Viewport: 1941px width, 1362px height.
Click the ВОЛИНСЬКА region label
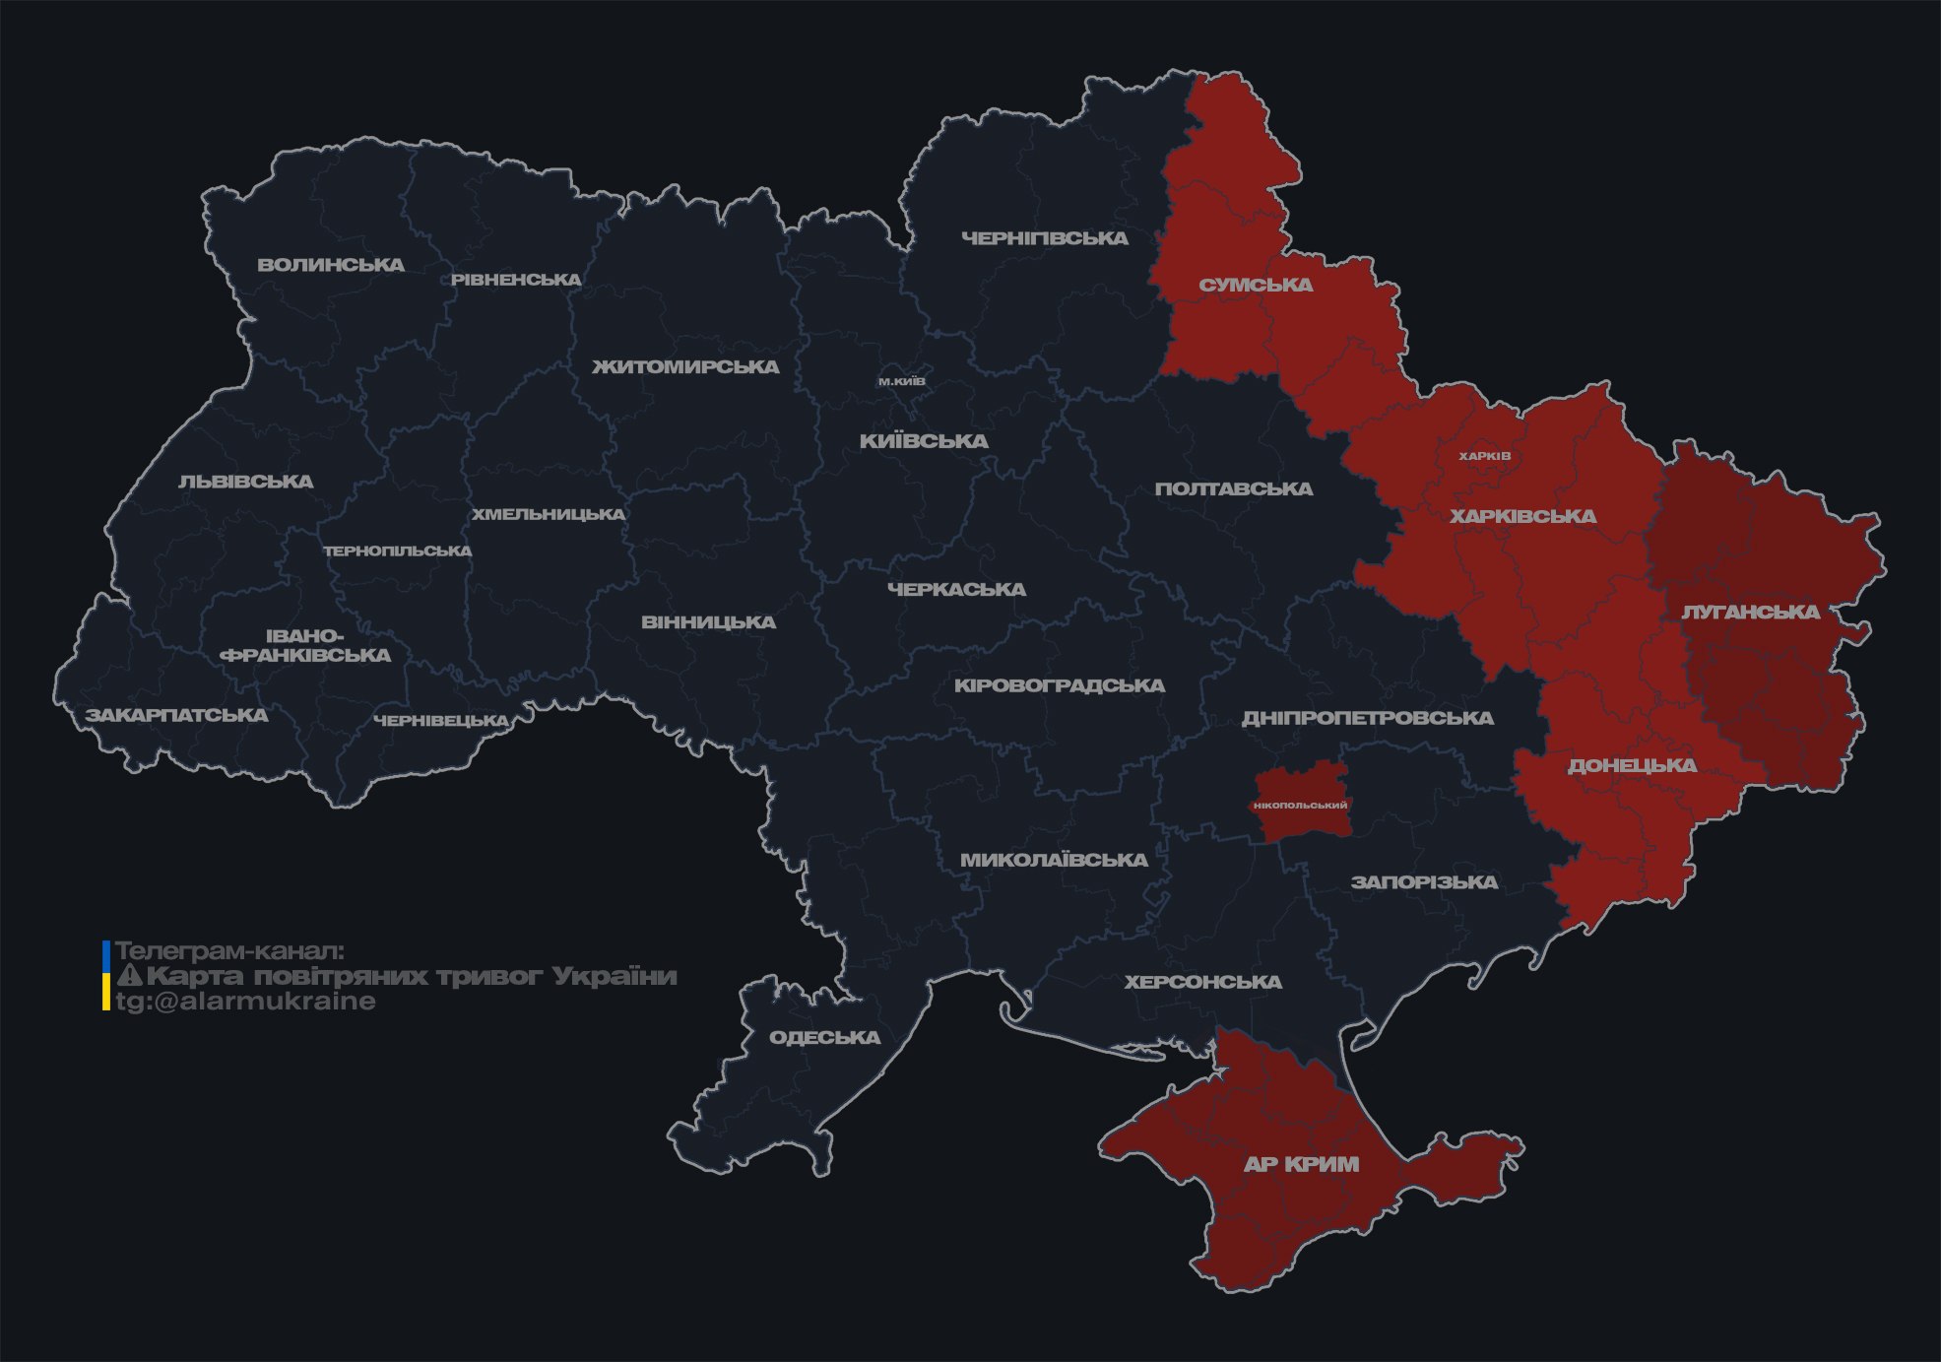pos(331,265)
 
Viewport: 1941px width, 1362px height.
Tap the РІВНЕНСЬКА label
pos(516,280)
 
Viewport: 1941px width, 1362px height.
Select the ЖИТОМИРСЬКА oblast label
pos(685,367)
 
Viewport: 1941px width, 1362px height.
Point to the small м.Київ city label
pos(902,381)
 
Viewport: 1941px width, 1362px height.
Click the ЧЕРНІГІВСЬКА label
pos(1045,238)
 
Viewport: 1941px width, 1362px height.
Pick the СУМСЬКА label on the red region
pos(1256,286)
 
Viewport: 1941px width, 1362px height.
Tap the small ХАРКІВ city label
pos(1484,456)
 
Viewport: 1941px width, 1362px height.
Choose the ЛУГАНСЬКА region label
pos(1750,613)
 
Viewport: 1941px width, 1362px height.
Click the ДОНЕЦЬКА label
pos(1632,765)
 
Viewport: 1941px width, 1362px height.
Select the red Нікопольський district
pos(1301,805)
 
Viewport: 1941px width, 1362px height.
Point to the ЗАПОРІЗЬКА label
pos(1424,882)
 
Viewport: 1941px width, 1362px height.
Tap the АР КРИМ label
pos(1301,1164)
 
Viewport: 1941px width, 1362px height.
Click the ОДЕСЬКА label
pos(824,1038)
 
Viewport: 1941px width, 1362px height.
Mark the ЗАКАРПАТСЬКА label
pos(176,715)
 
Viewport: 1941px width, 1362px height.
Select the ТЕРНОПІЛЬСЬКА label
pos(398,551)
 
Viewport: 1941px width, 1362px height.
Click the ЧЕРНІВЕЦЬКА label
pos(440,721)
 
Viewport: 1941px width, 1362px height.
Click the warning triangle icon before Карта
pos(129,977)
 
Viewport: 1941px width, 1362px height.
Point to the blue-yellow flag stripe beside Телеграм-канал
pos(106,976)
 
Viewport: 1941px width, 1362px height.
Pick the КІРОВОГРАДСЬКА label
pos(1059,685)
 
